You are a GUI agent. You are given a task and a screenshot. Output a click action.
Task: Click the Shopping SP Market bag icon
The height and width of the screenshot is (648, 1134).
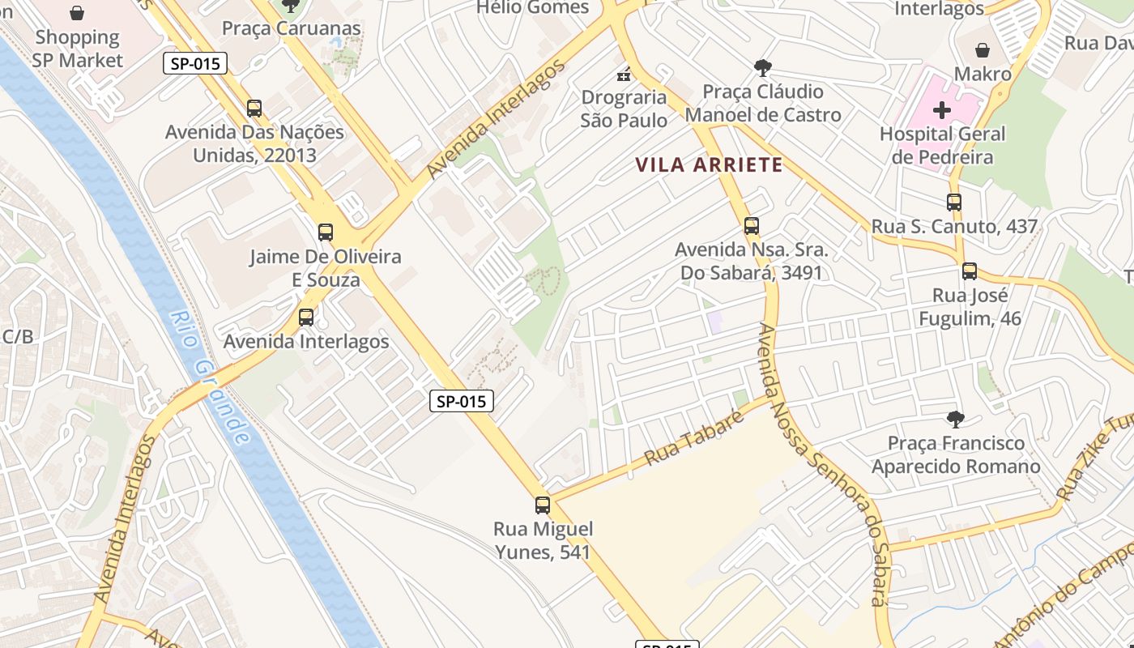click(77, 13)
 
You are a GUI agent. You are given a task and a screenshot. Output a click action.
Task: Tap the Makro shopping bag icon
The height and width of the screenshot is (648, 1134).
click(982, 50)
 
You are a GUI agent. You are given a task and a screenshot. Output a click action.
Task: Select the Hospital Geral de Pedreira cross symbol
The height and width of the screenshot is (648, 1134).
click(942, 109)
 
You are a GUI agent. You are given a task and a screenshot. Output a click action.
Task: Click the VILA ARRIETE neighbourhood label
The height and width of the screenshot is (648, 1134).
click(709, 165)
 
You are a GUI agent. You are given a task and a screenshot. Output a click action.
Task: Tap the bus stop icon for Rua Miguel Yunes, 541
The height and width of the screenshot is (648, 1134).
click(543, 505)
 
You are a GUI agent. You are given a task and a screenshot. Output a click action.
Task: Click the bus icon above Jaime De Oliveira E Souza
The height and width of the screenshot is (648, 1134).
click(326, 232)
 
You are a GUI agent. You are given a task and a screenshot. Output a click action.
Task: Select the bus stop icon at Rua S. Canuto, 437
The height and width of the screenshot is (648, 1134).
click(954, 202)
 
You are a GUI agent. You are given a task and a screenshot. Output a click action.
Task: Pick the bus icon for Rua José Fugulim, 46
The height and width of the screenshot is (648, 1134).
click(970, 271)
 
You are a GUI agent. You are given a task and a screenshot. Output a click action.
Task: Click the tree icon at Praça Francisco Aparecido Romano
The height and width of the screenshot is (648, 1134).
click(956, 419)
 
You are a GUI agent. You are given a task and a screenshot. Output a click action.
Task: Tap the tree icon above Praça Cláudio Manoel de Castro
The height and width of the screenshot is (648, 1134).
click(762, 67)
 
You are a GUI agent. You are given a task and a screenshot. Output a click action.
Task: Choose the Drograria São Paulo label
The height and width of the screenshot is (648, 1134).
click(624, 109)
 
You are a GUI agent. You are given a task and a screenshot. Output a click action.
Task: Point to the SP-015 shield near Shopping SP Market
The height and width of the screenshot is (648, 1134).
click(194, 63)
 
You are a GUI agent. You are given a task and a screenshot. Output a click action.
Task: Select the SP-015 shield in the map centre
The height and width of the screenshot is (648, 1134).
click(461, 400)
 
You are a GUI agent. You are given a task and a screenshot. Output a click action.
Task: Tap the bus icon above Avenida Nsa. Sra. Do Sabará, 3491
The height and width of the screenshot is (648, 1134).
click(752, 226)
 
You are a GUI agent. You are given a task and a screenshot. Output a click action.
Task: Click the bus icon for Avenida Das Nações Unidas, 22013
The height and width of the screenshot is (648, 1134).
click(254, 108)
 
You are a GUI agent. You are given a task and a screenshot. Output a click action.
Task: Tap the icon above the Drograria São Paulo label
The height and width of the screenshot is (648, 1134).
click(624, 75)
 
